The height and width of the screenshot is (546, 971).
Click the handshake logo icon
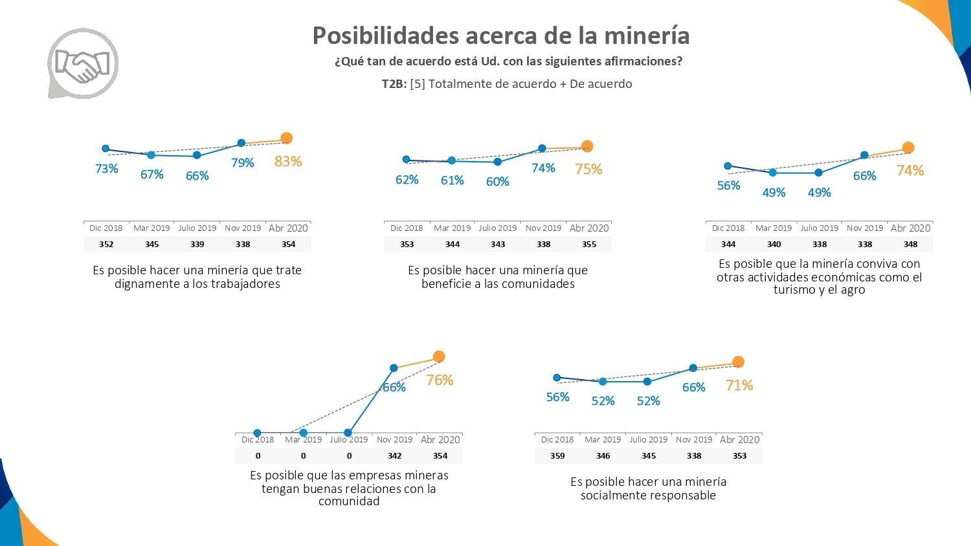click(x=83, y=63)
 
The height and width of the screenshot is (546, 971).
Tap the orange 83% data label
click(x=287, y=162)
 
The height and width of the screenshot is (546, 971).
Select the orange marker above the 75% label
click(x=587, y=146)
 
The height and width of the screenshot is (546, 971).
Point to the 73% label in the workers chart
click(x=107, y=169)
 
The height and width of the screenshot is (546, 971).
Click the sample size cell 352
click(x=106, y=244)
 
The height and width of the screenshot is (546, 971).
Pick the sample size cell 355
click(x=589, y=244)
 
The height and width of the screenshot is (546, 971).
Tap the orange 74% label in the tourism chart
click(x=910, y=171)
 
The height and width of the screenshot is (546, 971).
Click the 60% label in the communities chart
click(x=497, y=182)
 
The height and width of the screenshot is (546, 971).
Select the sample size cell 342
click(x=394, y=455)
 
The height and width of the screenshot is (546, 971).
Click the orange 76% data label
click(x=440, y=380)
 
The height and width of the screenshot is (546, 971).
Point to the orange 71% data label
click(x=739, y=386)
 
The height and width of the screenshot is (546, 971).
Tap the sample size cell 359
click(x=557, y=455)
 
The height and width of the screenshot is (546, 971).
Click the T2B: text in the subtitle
click(x=394, y=84)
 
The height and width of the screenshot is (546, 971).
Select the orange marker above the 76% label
click(x=439, y=356)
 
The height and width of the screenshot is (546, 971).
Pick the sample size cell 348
click(x=910, y=244)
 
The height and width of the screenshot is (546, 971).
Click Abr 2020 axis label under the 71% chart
click(x=739, y=439)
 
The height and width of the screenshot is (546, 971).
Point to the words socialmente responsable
click(x=648, y=496)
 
